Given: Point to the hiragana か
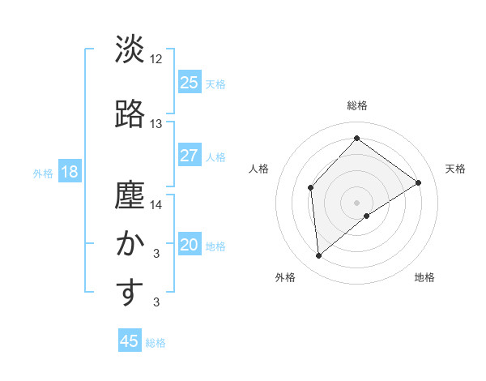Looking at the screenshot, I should [x=130, y=244].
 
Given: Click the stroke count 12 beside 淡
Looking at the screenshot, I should [x=156, y=59].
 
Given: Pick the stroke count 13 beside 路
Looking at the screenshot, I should [x=156, y=123].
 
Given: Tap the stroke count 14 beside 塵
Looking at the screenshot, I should [x=156, y=204].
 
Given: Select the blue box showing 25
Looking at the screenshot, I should [x=190, y=83].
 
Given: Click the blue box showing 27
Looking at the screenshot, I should [x=190, y=156].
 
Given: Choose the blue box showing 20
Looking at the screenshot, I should [x=190, y=245].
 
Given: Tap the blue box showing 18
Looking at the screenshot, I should [x=68, y=172].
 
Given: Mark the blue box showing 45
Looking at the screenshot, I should [x=130, y=341].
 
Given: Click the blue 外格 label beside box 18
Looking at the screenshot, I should [x=42, y=173].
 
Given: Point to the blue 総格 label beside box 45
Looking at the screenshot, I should [x=156, y=343].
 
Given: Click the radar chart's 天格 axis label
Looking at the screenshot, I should [x=455, y=169].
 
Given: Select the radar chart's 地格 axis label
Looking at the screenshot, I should [x=424, y=277].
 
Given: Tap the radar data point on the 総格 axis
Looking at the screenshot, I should [x=356, y=138].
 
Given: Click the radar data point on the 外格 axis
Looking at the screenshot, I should [x=319, y=256].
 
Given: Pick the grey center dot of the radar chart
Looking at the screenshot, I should [x=356, y=202].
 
